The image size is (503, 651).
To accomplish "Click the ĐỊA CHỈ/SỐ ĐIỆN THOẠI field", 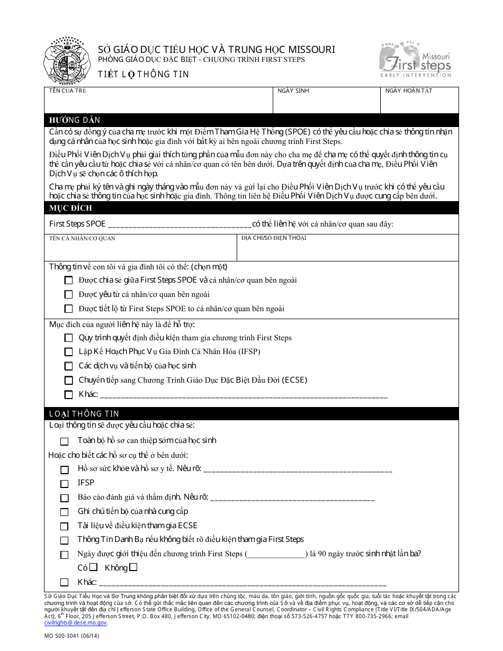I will click(x=347, y=248).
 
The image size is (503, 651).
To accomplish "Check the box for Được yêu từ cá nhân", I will click(x=68, y=295).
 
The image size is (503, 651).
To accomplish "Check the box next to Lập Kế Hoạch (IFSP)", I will click(x=68, y=352).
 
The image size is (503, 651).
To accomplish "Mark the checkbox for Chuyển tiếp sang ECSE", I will click(x=68, y=380).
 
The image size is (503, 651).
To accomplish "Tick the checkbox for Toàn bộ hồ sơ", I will click(x=65, y=441).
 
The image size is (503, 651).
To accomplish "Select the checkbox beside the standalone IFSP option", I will click(x=65, y=483).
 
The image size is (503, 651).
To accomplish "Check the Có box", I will click(x=94, y=567).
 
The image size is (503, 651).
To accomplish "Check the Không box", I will click(x=133, y=567).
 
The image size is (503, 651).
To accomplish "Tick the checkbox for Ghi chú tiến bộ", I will click(x=65, y=512).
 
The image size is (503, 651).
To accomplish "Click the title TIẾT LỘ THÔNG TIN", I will click(x=143, y=75).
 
